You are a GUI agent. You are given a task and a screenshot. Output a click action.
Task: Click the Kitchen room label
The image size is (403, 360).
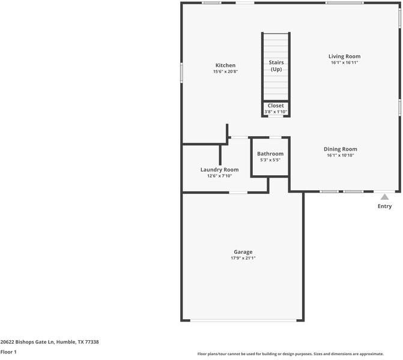[x=225, y=65]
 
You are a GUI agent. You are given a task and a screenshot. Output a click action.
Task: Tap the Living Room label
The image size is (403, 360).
[x=344, y=56]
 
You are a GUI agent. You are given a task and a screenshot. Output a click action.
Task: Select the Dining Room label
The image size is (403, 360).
[x=340, y=149]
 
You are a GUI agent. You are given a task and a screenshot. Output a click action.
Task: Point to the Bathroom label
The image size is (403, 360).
[x=270, y=154]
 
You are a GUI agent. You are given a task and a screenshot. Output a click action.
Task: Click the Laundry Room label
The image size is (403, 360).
[x=219, y=170]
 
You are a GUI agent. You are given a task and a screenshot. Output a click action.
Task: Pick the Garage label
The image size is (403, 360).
[x=243, y=252]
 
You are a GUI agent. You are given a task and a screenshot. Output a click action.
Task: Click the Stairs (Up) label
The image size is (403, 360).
[x=276, y=65]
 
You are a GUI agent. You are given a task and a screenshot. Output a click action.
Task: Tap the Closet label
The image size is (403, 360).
[x=276, y=106]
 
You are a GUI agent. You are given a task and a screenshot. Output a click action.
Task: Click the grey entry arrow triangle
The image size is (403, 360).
[x=384, y=197]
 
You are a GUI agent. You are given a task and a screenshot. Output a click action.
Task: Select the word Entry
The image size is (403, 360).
[x=384, y=206]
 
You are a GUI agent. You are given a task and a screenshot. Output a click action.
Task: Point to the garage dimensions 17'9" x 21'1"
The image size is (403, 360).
[x=243, y=259]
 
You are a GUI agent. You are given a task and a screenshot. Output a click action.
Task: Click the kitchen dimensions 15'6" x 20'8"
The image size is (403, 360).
[x=225, y=72]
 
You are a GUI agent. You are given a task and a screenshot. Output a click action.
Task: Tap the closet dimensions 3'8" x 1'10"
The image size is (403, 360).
[x=276, y=112]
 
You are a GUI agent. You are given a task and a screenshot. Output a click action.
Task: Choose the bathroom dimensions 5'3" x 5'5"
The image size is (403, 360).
[x=270, y=160]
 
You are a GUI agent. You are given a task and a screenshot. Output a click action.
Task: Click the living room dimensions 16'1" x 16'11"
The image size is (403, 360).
[x=344, y=62]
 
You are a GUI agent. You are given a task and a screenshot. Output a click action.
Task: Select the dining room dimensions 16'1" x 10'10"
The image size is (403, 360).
[x=340, y=155]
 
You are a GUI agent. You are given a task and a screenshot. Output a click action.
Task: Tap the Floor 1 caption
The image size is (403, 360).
[x=8, y=352]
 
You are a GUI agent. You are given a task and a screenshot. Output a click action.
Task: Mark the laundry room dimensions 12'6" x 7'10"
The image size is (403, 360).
[x=219, y=176]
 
